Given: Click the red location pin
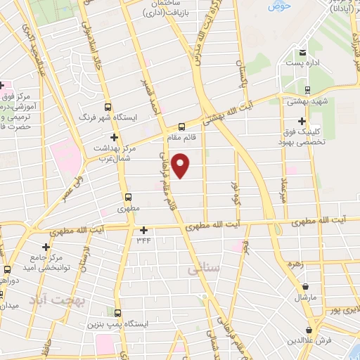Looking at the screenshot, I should (x=181, y=165).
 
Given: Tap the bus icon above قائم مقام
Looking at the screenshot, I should (x=182, y=127).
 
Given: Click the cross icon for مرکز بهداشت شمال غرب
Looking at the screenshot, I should (x=114, y=136).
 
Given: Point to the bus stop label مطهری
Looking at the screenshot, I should (x=128, y=209).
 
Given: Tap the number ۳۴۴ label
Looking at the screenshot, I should (x=143, y=240).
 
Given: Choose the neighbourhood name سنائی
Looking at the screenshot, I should (x=199, y=268).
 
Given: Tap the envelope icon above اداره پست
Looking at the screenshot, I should (x=302, y=52).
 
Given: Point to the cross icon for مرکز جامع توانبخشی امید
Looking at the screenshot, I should (x=46, y=247).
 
